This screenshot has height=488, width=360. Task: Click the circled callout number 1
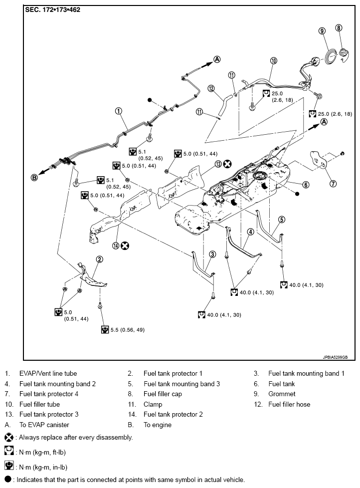pos(119,111)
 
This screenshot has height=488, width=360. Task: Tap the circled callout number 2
pos(100,259)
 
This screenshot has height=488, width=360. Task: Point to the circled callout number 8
pos(339,28)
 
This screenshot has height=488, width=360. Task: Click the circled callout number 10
pos(273,61)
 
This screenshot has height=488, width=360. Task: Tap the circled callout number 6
pos(306,184)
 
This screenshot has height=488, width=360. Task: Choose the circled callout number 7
pos(333,183)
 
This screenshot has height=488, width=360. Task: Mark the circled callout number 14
pos(116,245)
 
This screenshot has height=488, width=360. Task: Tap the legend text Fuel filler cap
pos(163,394)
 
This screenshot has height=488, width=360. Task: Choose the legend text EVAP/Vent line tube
pos(48,373)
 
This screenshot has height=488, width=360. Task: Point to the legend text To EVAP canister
pos(44,425)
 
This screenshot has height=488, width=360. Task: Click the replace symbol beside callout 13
pos(227,164)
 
